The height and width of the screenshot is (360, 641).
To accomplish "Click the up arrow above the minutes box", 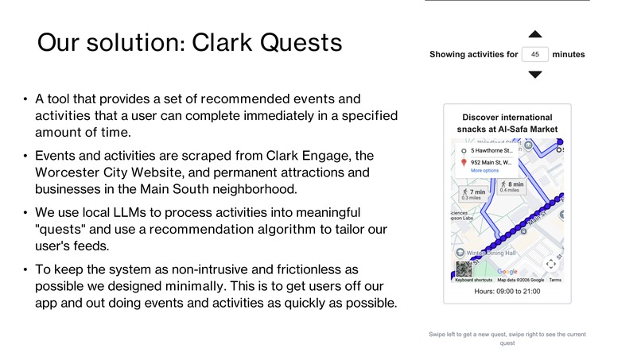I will (x=535, y=34).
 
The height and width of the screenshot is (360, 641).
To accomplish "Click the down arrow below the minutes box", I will (x=535, y=74).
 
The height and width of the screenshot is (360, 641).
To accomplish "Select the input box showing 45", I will (x=535, y=55).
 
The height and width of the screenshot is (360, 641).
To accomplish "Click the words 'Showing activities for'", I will (x=473, y=55).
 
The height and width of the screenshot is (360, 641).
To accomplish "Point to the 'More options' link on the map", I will (x=484, y=171).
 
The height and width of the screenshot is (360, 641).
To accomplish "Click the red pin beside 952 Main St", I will (x=464, y=162).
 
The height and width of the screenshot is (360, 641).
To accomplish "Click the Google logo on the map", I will (x=507, y=273).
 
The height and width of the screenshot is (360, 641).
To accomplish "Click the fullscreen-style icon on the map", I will (x=550, y=264).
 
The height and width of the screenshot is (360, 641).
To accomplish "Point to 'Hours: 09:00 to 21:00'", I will (x=507, y=292).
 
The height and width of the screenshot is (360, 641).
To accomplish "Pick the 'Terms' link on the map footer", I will (x=554, y=281).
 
